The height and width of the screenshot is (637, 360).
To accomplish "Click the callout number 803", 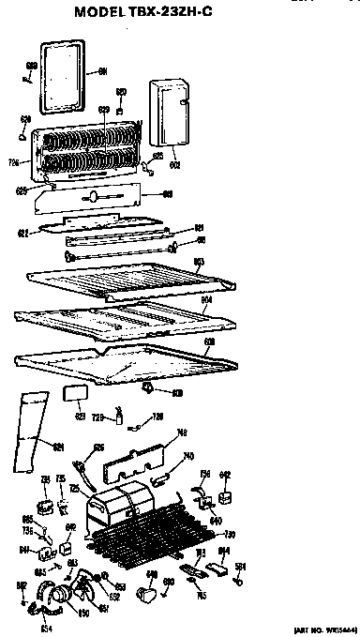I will pos(198,261).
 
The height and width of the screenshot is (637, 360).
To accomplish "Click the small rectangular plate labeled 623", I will pos(74,393).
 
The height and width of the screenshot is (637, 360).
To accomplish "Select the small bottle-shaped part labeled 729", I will pos(119,416).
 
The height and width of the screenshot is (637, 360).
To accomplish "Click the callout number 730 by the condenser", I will pos(230,534).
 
